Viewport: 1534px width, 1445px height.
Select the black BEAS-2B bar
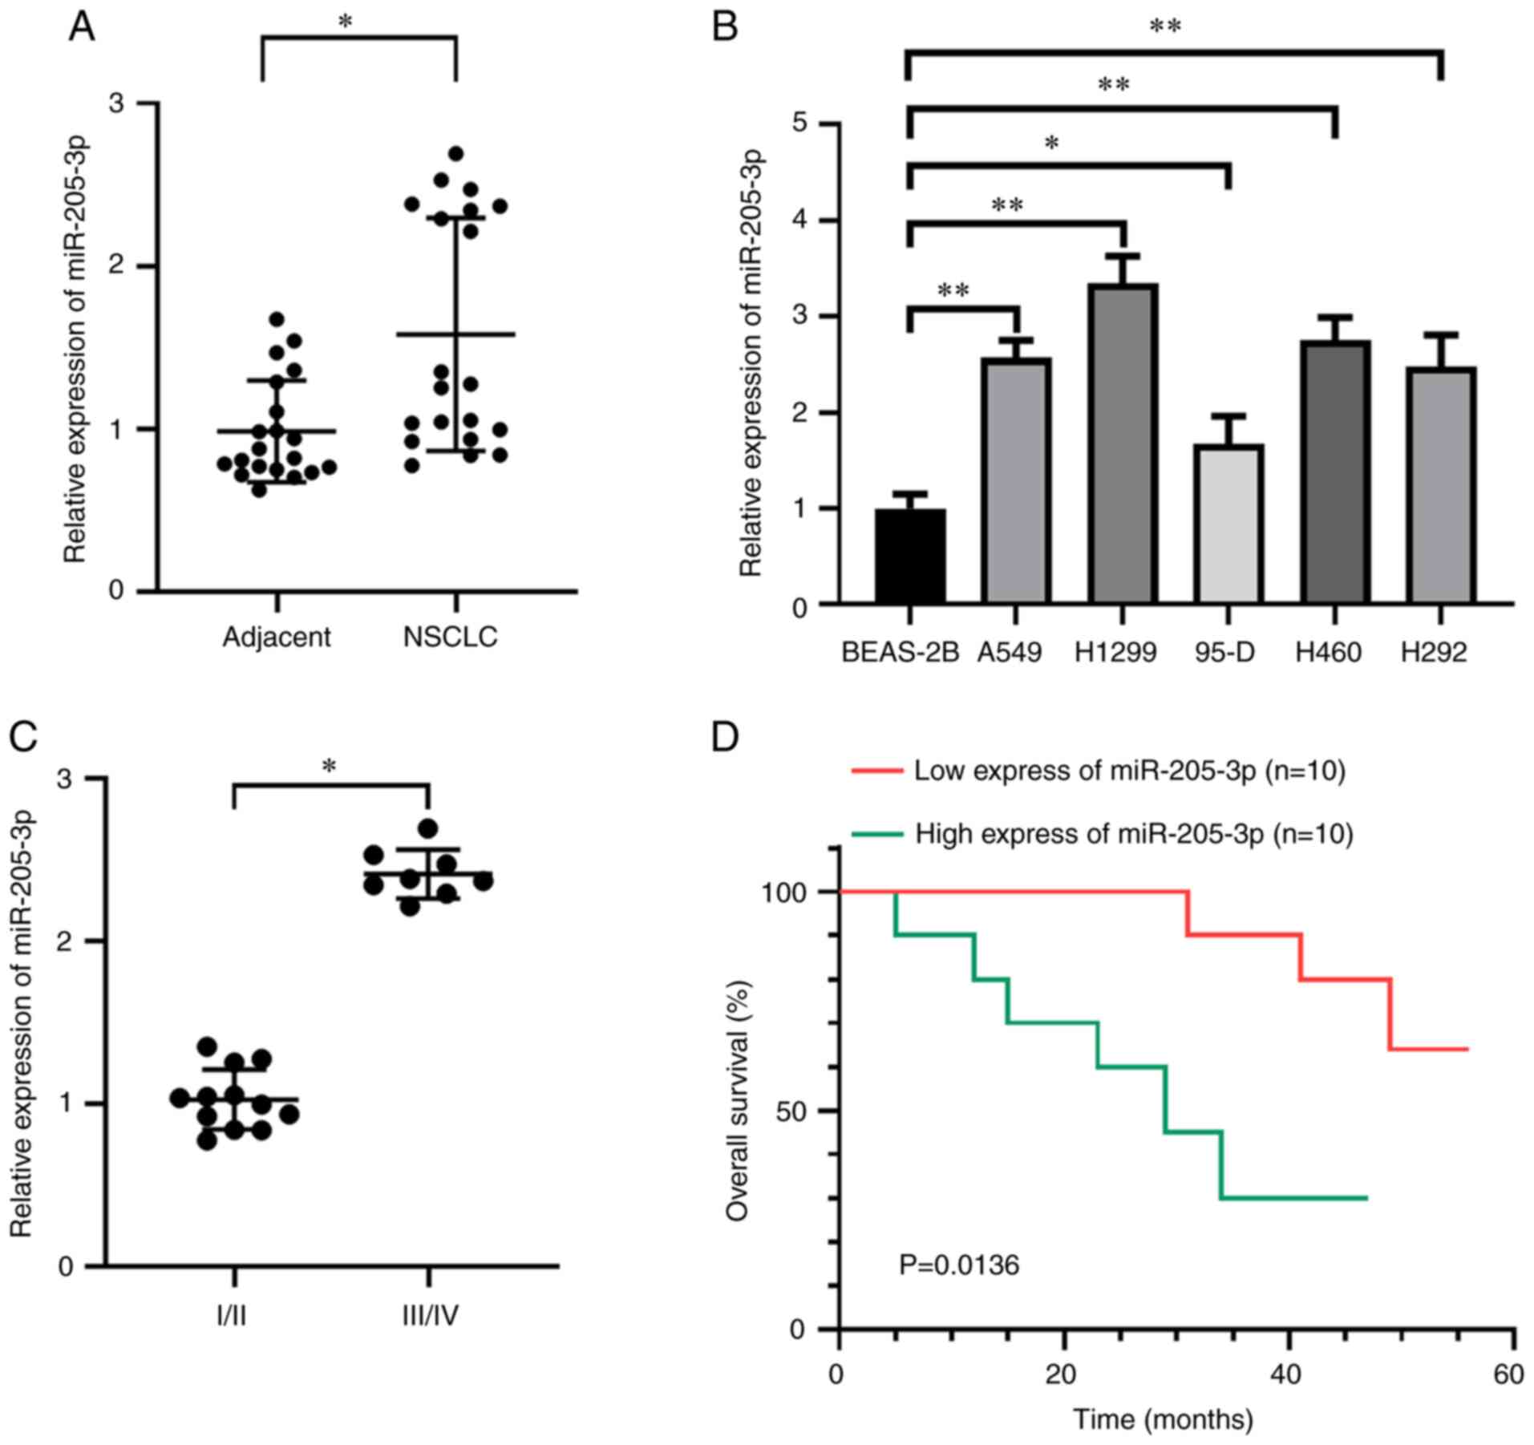click(910, 556)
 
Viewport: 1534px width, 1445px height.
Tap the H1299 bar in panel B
click(1123, 443)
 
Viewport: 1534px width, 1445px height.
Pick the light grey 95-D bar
click(1228, 524)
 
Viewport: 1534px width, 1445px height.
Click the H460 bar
click(1335, 472)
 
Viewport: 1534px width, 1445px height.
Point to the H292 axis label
click(1434, 652)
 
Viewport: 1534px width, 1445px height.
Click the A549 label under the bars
click(1010, 652)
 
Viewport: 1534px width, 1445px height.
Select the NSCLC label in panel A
click(451, 637)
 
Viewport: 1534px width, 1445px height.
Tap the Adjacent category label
click(277, 637)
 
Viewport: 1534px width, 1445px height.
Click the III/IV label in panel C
click(430, 1316)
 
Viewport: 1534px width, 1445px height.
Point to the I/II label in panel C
click(232, 1316)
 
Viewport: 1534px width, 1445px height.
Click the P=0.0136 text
click(959, 1265)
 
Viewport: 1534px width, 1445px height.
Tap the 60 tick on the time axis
click(1508, 1374)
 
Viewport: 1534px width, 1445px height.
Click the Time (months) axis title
click(1163, 1419)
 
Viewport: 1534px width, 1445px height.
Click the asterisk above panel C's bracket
click(329, 767)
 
